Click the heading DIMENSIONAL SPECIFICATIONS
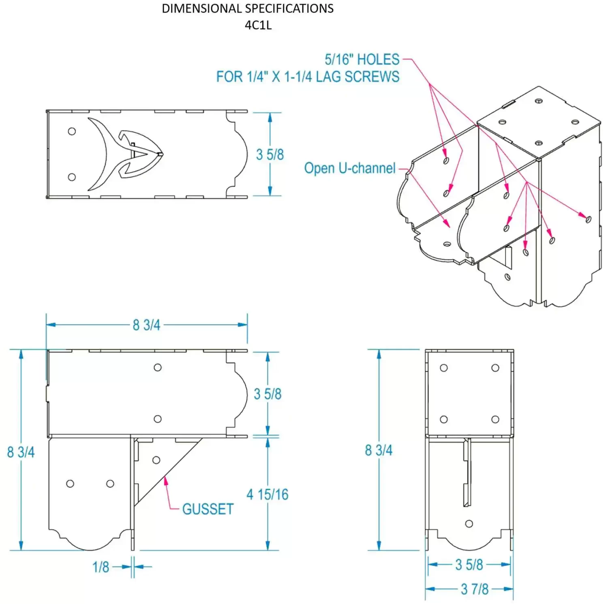point(248,9)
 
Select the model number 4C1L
point(258,25)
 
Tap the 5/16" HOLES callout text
point(362,60)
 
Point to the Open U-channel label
point(349,168)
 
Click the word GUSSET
point(208,509)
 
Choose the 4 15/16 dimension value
point(268,495)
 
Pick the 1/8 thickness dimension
point(101,567)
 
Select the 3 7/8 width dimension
point(474,589)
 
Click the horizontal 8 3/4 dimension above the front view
point(146,325)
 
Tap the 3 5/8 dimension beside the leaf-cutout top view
point(270,154)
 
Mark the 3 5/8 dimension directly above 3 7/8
point(469,565)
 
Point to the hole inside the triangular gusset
point(156,460)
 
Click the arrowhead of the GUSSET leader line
point(165,480)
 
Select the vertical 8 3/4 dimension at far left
point(21,452)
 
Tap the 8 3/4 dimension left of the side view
point(379,450)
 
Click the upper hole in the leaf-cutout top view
point(72,131)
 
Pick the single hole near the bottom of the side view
point(469,524)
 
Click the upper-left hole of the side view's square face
point(444,368)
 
